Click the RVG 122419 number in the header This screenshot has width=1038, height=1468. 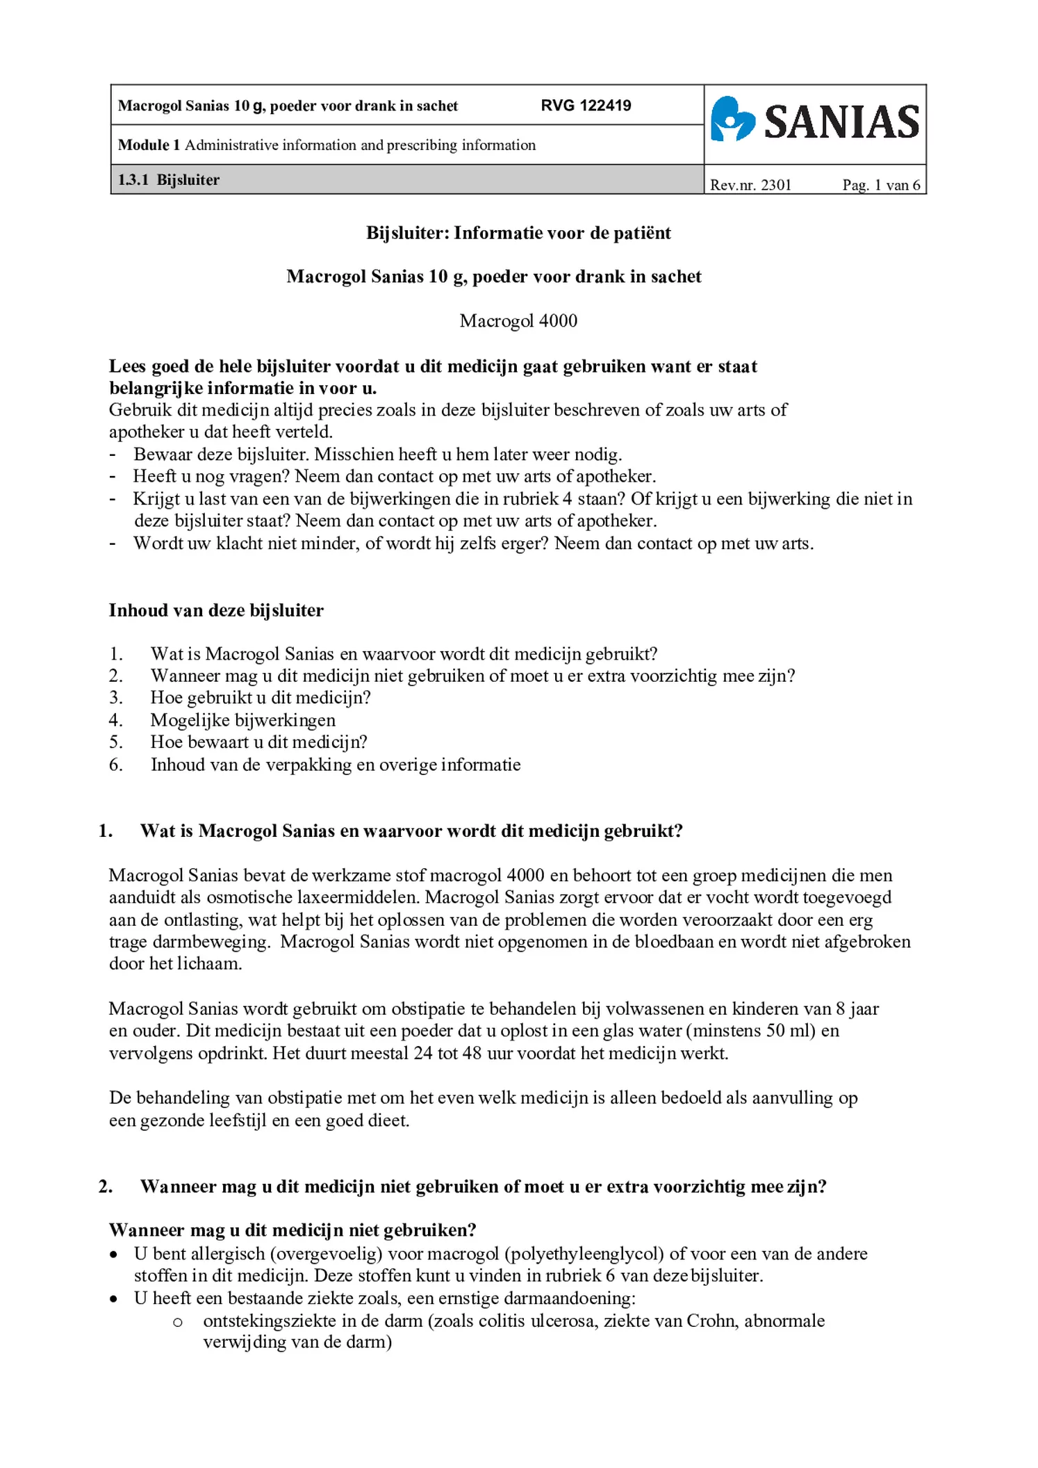point(586,106)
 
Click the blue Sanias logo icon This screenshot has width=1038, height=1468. point(732,120)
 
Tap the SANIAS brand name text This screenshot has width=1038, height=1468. point(841,122)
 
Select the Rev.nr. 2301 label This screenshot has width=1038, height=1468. point(750,185)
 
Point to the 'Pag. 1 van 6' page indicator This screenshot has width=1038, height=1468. point(881,185)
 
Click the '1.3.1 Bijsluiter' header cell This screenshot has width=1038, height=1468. point(169,180)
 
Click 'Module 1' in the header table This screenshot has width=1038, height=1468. point(149,145)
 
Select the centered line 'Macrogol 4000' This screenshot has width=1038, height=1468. point(518,321)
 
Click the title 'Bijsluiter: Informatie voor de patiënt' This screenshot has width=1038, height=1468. point(518,233)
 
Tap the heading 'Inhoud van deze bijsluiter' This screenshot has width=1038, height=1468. point(216,610)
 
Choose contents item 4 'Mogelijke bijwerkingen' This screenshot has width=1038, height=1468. point(242,720)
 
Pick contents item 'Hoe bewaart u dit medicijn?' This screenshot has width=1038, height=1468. point(258,742)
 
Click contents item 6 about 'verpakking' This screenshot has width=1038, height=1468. point(335,765)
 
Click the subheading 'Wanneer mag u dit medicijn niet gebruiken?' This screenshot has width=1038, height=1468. point(293,1230)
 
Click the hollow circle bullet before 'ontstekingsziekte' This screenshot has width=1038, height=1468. point(178,1322)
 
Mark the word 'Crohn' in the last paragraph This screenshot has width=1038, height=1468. point(712,1321)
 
